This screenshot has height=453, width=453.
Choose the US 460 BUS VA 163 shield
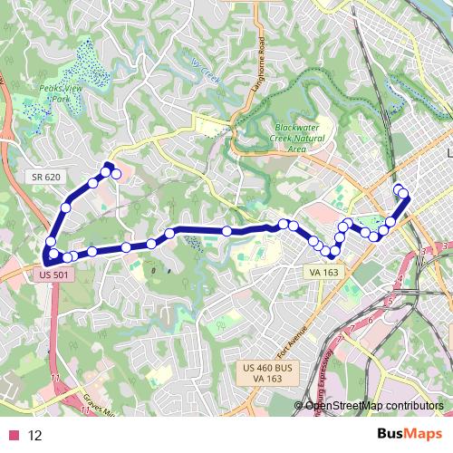265,372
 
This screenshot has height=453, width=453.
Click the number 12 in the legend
35,436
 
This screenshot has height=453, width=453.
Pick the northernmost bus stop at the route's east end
398,188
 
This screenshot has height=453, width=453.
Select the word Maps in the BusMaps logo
419,435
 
